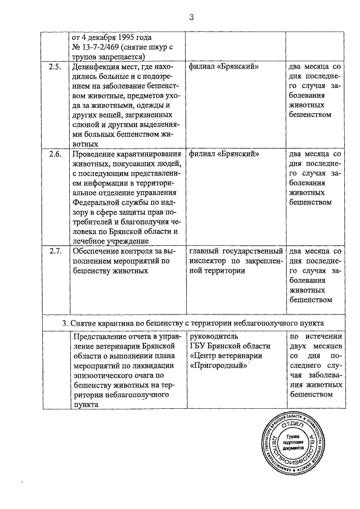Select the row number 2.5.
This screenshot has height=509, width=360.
[x=55, y=67]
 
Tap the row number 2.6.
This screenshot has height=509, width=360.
[x=55, y=154]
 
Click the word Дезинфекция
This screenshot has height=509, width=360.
[x=96, y=67]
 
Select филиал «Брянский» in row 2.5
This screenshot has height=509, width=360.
[x=224, y=67]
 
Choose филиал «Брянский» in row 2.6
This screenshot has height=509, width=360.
[x=224, y=154]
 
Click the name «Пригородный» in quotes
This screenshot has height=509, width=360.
[x=220, y=366]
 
